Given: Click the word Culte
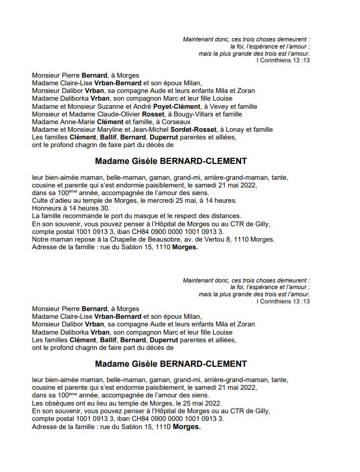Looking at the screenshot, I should pos(40,201).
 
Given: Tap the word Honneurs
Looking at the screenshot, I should pos(47,208).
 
